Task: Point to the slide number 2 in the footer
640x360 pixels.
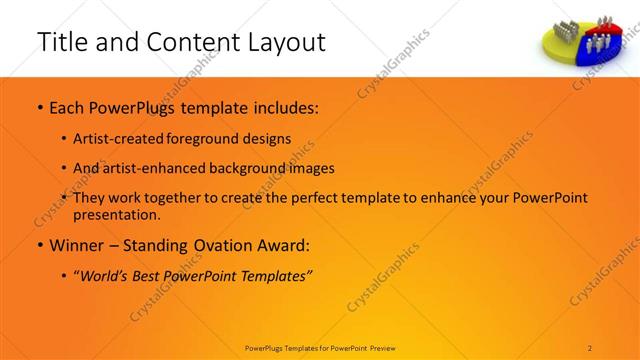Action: point(591,346)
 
